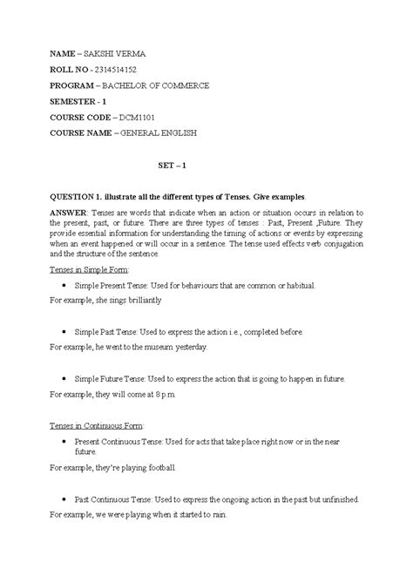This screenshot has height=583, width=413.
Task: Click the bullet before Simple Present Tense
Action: (x=67, y=285)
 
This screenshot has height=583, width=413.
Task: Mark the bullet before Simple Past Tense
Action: (x=67, y=332)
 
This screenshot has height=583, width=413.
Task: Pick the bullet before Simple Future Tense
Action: (x=67, y=380)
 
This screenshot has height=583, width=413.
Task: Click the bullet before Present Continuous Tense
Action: (x=67, y=443)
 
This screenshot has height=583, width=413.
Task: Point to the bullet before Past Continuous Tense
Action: (x=67, y=499)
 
